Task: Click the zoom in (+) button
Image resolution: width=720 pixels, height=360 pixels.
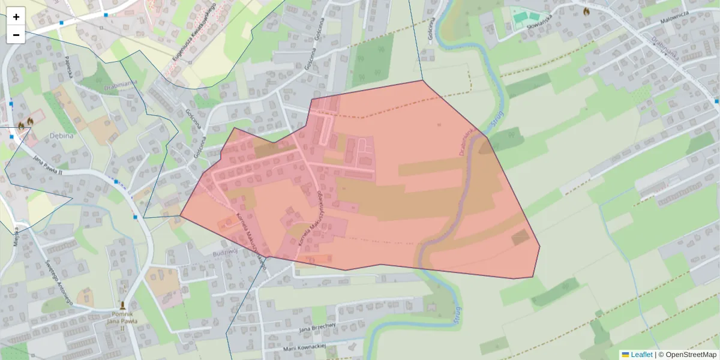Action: pos(16,17)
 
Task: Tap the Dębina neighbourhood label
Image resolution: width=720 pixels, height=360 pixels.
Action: pos(61,135)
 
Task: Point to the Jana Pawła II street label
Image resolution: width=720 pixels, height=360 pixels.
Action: pos(48,164)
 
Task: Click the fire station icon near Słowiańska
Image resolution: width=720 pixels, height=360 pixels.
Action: pos(586,11)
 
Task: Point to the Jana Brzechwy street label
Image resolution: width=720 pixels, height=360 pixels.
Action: pos(317,328)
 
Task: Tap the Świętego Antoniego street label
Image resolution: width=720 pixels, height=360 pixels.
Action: pos(59,282)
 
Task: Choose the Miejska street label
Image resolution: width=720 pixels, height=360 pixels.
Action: pos(16,238)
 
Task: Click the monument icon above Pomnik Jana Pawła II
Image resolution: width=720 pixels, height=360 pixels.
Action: pos(124,305)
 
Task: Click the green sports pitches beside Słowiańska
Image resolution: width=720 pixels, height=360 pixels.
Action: pos(525,17)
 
